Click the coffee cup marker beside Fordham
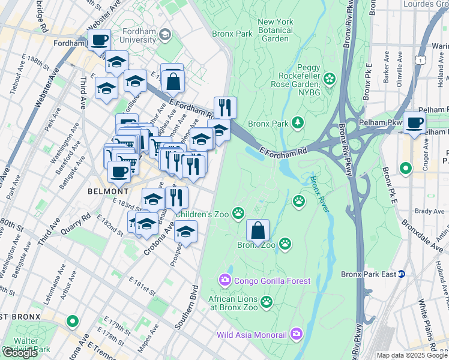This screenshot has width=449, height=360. (x=100, y=41)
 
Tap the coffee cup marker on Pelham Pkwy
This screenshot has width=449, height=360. (x=414, y=123)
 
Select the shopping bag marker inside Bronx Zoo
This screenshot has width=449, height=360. (x=258, y=231)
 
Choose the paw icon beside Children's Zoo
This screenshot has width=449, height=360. (x=239, y=212)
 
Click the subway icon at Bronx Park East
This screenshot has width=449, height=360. (x=402, y=274)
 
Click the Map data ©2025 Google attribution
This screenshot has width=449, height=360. (x=412, y=355)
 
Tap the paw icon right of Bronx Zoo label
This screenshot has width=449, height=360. (x=286, y=244)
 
